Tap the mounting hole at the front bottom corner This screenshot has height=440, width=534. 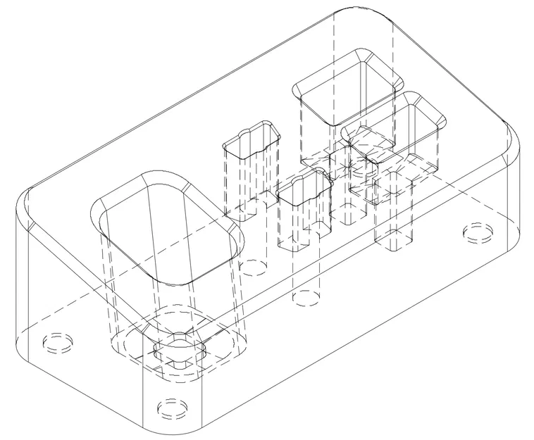coord(171,408)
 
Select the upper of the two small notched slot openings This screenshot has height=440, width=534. coord(251,138)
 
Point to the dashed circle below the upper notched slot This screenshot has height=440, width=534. coord(254,267)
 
